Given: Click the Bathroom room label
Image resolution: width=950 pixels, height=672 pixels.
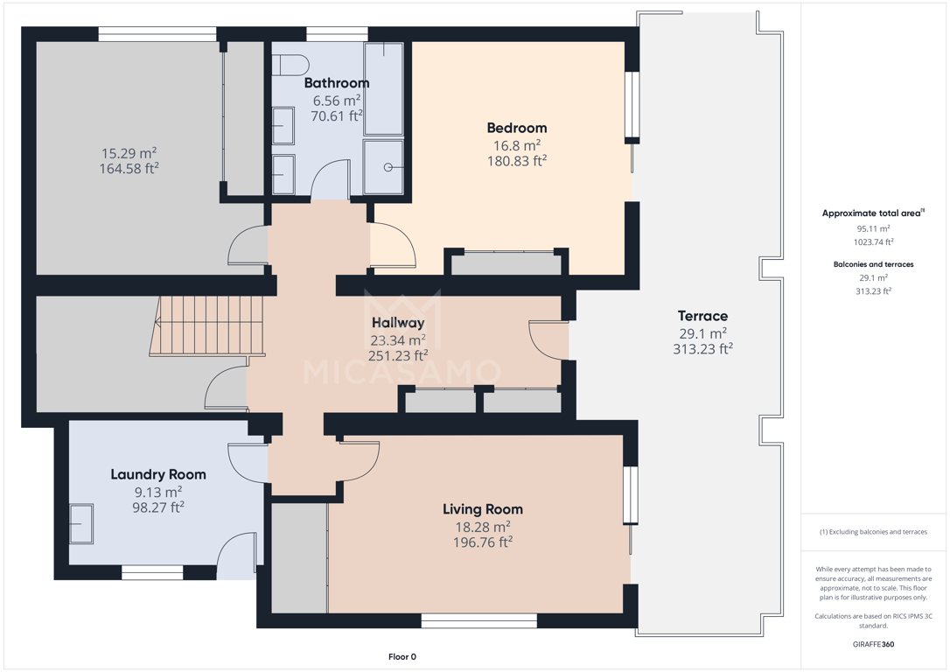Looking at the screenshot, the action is [x=336, y=83].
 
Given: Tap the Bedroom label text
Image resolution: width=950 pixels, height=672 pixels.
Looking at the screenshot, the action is [x=517, y=128].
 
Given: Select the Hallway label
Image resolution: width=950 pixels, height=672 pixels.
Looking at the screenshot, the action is [x=398, y=323].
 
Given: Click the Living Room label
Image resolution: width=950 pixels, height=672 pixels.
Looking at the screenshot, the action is [x=482, y=509].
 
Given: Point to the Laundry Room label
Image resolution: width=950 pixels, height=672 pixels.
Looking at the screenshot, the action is [x=158, y=474].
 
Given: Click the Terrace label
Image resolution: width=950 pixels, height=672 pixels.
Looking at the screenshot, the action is [x=702, y=316].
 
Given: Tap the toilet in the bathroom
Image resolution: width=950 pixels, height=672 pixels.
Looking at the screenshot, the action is [x=290, y=65].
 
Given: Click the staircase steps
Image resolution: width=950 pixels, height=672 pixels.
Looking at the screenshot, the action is [x=207, y=325].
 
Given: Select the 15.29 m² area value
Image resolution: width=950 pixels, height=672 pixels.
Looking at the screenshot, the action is [x=129, y=153].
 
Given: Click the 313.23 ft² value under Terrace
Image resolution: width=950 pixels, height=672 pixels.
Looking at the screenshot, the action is [x=702, y=349].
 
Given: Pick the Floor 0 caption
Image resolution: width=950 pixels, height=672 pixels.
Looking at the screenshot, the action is [x=402, y=657].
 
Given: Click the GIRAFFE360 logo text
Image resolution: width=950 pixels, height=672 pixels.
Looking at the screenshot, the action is [x=873, y=644].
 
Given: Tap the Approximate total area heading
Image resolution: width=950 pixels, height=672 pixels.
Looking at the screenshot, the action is [x=872, y=213].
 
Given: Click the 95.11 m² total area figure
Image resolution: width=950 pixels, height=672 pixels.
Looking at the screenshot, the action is [x=873, y=229].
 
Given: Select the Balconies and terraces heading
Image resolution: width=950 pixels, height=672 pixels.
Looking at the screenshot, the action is [x=873, y=264].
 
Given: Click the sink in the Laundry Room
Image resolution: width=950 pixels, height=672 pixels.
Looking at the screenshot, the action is [x=81, y=523].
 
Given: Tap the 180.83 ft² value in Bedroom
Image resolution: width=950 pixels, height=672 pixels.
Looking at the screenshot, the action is [x=517, y=161].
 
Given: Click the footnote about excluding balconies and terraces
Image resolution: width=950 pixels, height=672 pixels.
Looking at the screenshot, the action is [x=873, y=532].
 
